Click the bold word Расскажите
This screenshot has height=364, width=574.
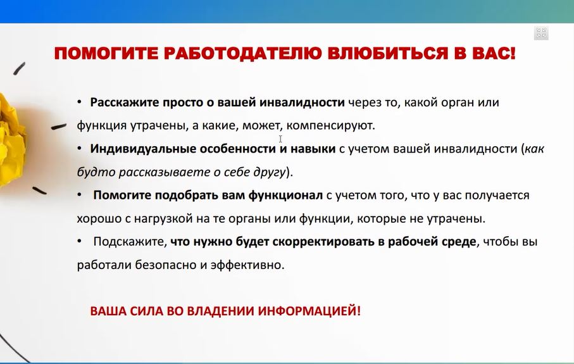tap(120, 102)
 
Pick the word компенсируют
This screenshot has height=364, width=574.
tap(337, 125)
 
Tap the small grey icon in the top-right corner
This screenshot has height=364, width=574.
tap(540, 34)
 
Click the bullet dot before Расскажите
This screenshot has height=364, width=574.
tap(79, 102)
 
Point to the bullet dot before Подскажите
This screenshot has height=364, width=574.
tap(79, 242)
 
